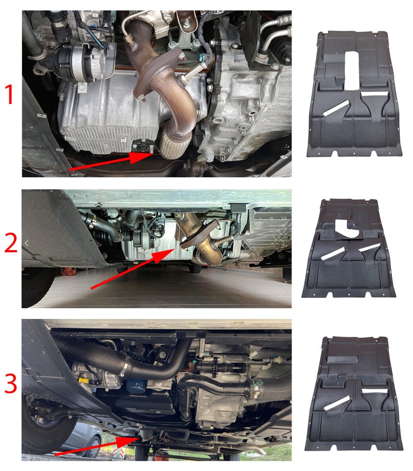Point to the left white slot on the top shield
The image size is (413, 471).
[x=336, y=108]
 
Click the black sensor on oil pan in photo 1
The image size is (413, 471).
[x=143, y=145]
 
